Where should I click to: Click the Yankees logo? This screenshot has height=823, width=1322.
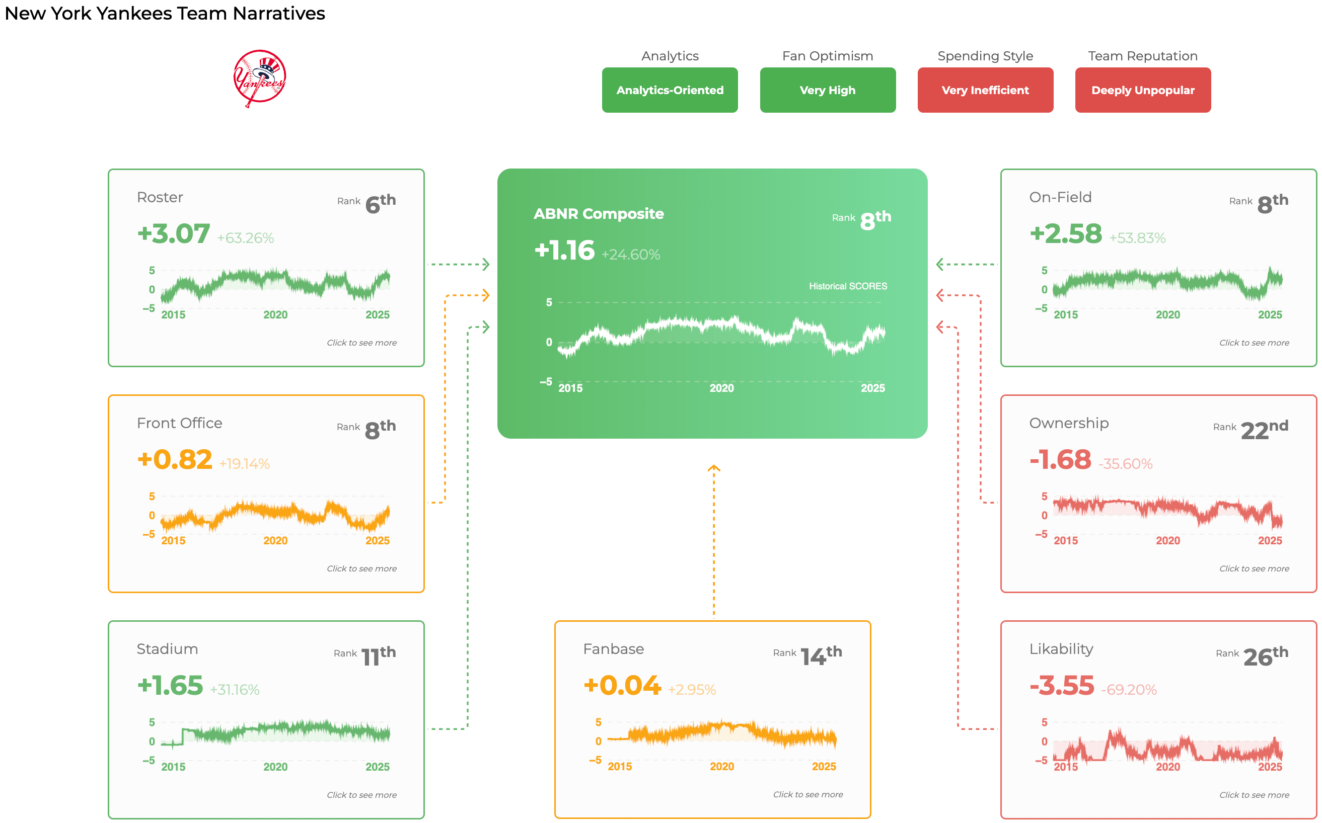[x=259, y=78]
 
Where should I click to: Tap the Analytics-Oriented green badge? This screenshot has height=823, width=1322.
[x=670, y=91]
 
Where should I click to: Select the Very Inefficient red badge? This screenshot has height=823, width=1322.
[x=985, y=91]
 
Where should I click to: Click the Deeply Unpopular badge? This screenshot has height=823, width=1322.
[x=1142, y=91]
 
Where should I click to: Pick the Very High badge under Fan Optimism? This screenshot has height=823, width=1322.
[x=827, y=91]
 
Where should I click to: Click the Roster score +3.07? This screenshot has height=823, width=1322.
[x=174, y=234]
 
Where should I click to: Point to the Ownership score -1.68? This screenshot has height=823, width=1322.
[x=1060, y=460]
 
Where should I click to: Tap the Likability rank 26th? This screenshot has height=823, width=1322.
[x=1265, y=656]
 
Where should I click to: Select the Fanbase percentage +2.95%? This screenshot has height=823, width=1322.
[x=691, y=690]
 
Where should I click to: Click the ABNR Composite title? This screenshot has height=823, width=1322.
[x=598, y=214]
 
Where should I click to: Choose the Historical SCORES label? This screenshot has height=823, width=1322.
[x=848, y=286]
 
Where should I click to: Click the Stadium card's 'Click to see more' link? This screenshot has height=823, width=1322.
[x=361, y=795]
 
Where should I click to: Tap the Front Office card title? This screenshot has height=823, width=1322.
[x=179, y=423]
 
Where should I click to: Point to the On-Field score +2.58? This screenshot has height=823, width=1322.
[x=1065, y=234]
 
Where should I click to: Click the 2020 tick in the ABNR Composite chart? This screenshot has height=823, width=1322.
[x=721, y=388]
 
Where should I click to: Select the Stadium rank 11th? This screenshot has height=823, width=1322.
[x=378, y=656]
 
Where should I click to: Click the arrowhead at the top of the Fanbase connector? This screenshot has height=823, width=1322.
[x=713, y=468]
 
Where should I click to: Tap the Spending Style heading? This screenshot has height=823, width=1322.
[x=985, y=56]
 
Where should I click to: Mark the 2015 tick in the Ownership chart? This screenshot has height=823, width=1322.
[x=1065, y=540]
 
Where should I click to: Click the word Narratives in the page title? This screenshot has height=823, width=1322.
[x=278, y=13]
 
